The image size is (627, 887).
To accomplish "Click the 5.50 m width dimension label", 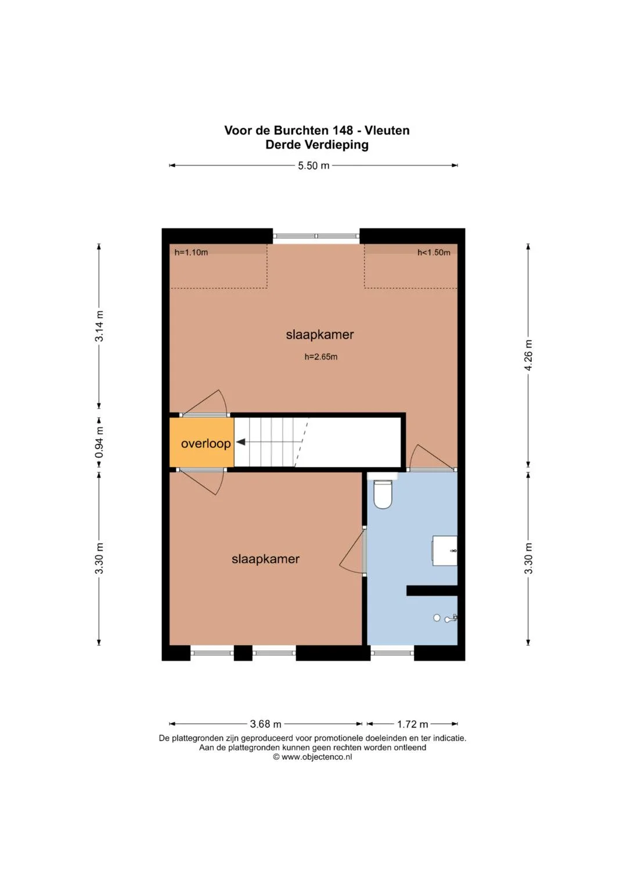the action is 313,166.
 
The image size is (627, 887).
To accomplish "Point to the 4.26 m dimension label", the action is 528,355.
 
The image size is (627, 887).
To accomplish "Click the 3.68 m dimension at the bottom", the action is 265,724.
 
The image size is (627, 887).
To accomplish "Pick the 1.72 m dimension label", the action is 412,724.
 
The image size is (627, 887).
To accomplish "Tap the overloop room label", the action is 206,444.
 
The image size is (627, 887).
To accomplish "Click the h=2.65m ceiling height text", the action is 321,357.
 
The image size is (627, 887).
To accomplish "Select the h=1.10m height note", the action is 191,252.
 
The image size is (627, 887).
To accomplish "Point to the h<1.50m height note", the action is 434,253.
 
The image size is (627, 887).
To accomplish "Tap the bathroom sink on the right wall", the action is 445,551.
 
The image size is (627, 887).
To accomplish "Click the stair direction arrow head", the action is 241,442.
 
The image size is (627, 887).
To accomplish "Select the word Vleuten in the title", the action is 387,130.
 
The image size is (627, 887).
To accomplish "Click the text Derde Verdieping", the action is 316,145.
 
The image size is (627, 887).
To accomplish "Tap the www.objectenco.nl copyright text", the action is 316,757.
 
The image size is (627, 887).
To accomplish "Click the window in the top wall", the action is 316,236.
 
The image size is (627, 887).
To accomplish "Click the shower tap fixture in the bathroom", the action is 451,618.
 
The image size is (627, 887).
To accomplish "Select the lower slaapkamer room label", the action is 265,559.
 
